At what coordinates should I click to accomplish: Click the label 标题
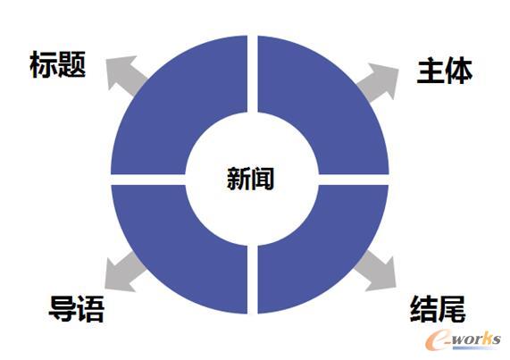(x=57, y=64)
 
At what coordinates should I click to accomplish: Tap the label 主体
(x=445, y=71)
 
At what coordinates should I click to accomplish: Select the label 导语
(x=77, y=308)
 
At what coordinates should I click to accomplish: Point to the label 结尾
(x=438, y=308)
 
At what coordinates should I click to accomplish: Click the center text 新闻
(x=250, y=178)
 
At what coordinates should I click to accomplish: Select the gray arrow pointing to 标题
(x=125, y=75)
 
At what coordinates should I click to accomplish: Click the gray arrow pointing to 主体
(x=379, y=81)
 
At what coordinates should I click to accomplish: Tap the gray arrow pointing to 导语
(x=124, y=272)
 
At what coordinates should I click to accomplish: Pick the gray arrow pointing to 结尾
(x=376, y=272)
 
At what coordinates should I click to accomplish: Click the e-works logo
(x=464, y=339)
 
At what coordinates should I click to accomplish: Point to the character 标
(x=44, y=64)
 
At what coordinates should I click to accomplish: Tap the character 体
(x=459, y=71)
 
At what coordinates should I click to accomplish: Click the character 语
(x=91, y=308)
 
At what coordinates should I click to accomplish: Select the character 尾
(x=452, y=308)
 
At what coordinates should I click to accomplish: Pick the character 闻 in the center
(x=263, y=178)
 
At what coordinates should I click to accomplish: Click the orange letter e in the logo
(x=439, y=340)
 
